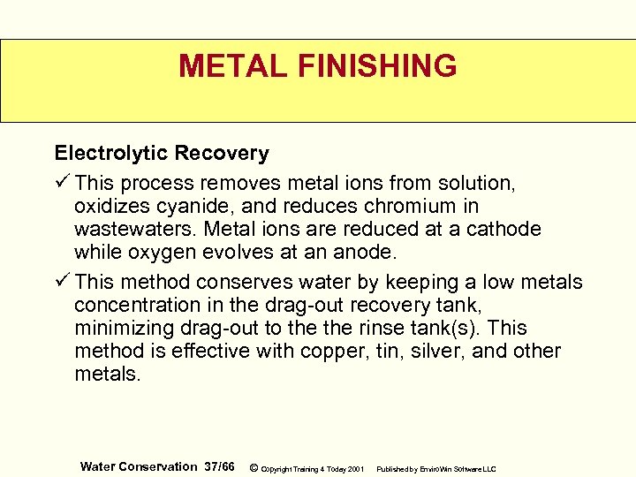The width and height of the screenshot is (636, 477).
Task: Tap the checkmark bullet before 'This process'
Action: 62,183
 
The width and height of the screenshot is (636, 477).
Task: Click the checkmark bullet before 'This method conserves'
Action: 62,282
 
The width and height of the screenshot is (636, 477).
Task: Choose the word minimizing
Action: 116,328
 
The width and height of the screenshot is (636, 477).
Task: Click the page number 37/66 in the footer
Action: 218,466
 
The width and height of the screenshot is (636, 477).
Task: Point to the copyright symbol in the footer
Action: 254,466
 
